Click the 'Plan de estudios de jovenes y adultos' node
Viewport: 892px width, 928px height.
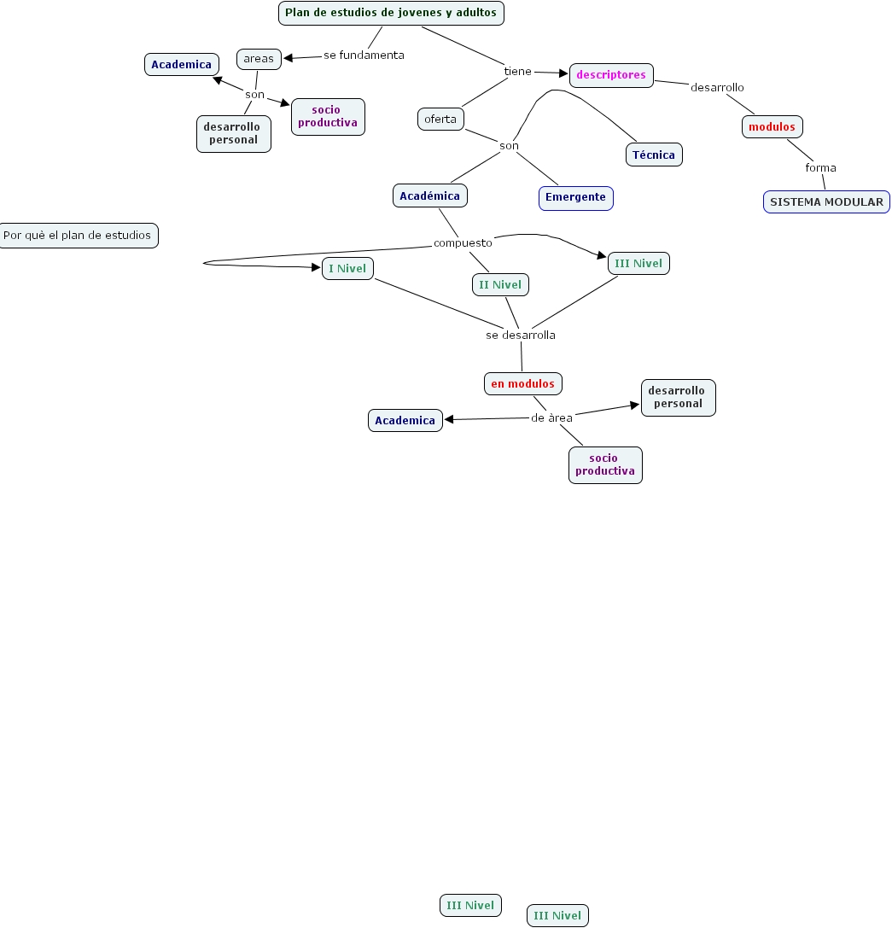coord(391,14)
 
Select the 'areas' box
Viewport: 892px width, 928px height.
coord(259,59)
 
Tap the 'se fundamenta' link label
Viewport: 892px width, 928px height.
coord(364,55)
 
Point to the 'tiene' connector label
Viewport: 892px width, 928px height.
coord(517,71)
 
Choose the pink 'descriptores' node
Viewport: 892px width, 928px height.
coord(611,75)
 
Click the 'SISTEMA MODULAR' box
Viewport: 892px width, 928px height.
coord(826,202)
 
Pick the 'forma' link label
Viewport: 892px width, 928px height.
coord(820,167)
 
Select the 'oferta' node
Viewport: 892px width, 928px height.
coord(440,119)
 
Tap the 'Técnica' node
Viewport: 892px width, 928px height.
coord(654,155)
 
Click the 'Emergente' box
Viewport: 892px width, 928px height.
coord(575,197)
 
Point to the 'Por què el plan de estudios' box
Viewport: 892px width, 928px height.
coord(78,236)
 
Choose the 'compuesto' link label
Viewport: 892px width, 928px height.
coord(463,243)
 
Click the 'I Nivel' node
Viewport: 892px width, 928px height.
coord(347,269)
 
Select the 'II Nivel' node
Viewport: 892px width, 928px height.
coord(500,284)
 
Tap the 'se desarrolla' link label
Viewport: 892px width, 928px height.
coord(521,335)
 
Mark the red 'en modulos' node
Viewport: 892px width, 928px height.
coord(522,384)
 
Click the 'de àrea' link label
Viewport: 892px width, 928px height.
coord(551,418)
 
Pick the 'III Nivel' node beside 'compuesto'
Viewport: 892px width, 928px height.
coord(638,264)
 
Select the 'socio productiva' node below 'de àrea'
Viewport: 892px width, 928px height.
coord(605,465)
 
